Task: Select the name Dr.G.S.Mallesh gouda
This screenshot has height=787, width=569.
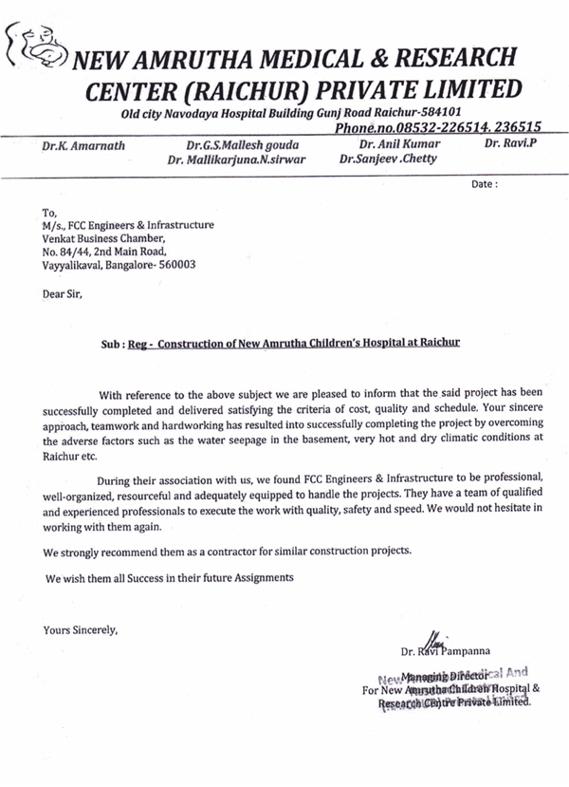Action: tap(242, 145)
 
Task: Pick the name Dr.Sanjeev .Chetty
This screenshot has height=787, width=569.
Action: tap(388, 159)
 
